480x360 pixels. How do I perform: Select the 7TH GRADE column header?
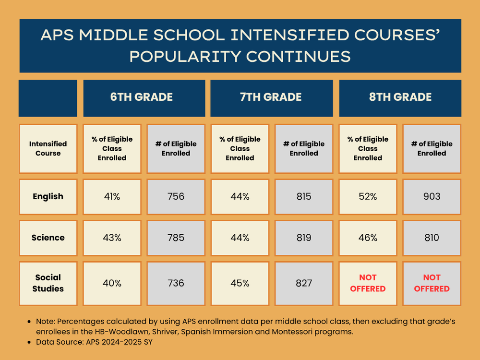tap(271, 97)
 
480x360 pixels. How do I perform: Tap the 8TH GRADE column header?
tap(400, 97)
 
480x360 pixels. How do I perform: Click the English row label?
tap(48, 196)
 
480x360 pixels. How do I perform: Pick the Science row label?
tap(48, 238)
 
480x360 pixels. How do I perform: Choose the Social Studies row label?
tap(48, 283)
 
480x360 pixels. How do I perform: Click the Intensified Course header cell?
tap(48, 148)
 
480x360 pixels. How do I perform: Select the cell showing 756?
tap(176, 196)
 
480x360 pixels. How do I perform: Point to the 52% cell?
tap(368, 196)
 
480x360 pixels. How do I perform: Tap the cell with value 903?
tap(432, 196)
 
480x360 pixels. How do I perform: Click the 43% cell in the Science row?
tap(112, 238)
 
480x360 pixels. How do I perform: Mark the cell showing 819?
tap(304, 238)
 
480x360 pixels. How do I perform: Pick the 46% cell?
tap(368, 238)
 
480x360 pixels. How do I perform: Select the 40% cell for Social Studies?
tap(112, 283)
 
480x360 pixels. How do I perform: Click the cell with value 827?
tap(304, 283)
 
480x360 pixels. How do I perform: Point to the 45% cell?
tap(240, 283)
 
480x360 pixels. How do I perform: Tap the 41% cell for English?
tap(112, 196)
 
